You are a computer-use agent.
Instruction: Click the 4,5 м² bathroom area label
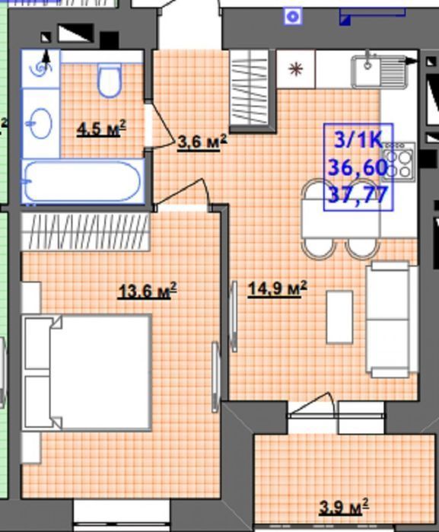coord(101,129)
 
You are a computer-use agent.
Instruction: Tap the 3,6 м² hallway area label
coord(202,142)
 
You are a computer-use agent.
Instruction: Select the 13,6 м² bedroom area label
coord(147,291)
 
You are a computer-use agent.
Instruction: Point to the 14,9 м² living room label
coord(278,288)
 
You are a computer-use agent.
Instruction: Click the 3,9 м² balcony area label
coord(344,507)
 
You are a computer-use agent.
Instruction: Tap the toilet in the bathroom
coord(110,80)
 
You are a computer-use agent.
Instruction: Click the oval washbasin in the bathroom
coord(41,123)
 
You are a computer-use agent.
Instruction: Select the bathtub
coord(83,181)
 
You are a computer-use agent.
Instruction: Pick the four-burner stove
coord(399,162)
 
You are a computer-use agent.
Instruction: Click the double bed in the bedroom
coord(87,373)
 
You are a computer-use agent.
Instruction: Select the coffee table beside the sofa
coord(339,317)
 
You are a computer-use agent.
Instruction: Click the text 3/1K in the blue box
coord(358,140)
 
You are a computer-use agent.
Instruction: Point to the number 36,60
coord(358,167)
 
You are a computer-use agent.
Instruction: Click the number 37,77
coord(358,195)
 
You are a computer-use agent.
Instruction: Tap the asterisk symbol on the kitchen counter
coord(295,69)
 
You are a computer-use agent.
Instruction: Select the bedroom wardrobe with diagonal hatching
coord(86,232)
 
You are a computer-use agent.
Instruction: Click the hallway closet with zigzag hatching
coord(250,89)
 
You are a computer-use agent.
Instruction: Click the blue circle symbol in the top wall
coord(293,16)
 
